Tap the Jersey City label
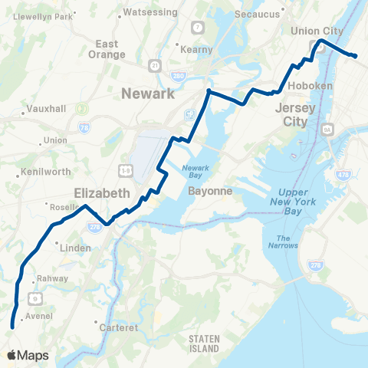[295, 114]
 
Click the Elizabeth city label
[102, 193]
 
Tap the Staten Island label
[203, 343]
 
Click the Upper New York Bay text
[299, 200]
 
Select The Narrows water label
[284, 241]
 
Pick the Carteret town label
[119, 327]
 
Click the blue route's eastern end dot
[355, 56]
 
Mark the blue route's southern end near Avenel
[12, 327]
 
